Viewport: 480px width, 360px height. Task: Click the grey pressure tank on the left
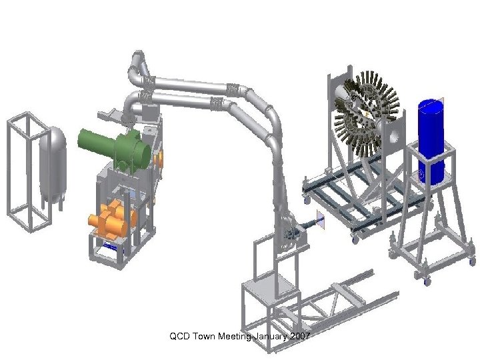pos(53,165)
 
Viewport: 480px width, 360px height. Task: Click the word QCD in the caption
pos(180,336)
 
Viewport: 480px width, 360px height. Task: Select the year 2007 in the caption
pos(300,336)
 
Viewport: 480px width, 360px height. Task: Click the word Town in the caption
pos(204,336)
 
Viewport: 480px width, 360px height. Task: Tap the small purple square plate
pos(321,219)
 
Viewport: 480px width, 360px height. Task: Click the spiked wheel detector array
pos(367,113)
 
